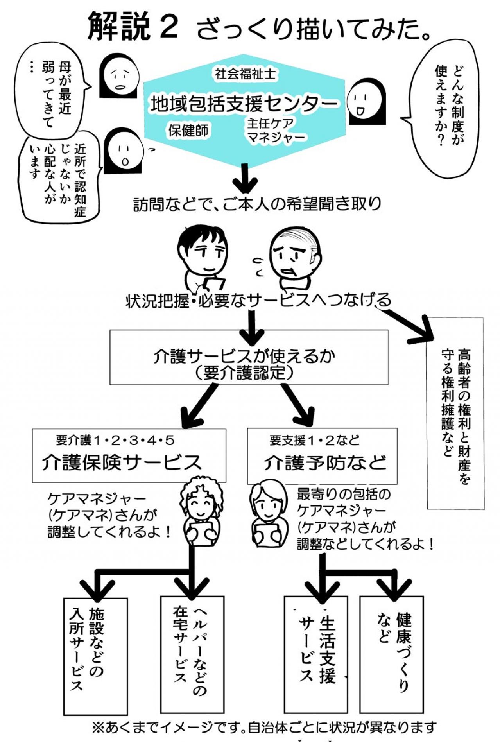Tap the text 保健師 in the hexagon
tap(188, 131)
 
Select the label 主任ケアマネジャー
tap(275, 131)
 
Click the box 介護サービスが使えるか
tap(249, 357)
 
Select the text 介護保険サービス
tap(121, 462)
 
